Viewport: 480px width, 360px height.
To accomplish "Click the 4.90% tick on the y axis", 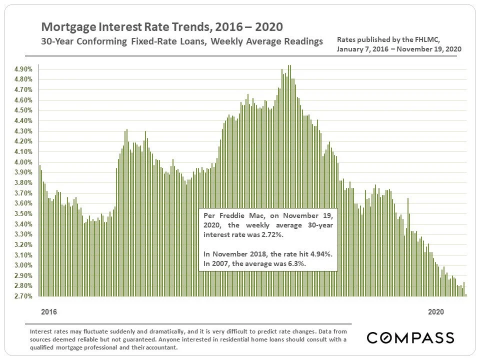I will click(23, 69).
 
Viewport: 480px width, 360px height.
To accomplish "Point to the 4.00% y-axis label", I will click(23, 162).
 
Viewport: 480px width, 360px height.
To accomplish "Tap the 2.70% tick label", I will click(23, 296).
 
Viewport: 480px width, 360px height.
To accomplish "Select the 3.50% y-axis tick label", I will click(23, 214).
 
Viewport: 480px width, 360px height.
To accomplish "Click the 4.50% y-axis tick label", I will click(23, 110).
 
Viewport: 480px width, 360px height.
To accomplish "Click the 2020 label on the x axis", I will click(436, 312).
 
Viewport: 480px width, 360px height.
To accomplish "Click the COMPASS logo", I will click(410, 337).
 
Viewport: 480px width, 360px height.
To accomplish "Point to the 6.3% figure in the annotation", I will click(296, 263).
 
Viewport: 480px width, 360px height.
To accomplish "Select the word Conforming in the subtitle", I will click(105, 41).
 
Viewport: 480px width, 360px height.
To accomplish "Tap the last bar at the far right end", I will click(466, 295).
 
